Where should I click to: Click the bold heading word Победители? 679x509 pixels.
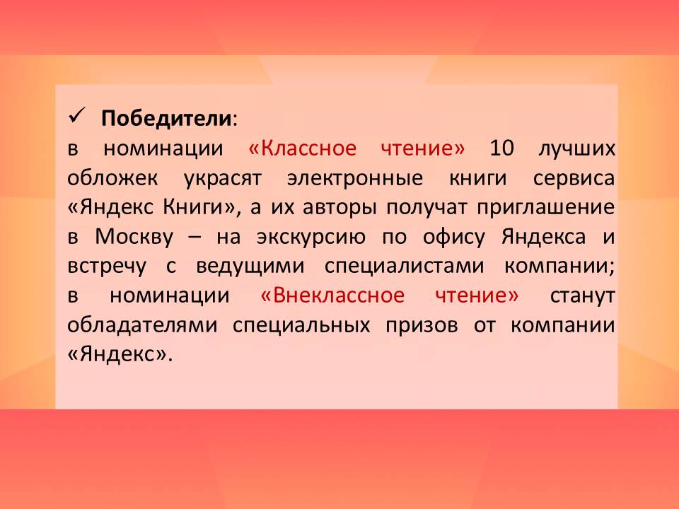click(x=166, y=118)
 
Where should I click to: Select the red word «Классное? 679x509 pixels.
click(x=302, y=148)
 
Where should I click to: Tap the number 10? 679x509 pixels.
click(x=501, y=148)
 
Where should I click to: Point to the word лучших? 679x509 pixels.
click(x=577, y=150)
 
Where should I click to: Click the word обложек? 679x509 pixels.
click(x=112, y=178)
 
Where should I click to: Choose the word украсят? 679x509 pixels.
click(x=223, y=180)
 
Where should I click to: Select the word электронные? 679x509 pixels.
click(x=355, y=179)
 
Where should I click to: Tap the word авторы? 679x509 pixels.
click(x=339, y=209)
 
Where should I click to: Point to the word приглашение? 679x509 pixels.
click(x=545, y=209)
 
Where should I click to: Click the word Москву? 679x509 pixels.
click(x=134, y=238)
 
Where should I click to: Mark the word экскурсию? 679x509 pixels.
click(x=311, y=238)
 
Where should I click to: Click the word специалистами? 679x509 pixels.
click(x=404, y=266)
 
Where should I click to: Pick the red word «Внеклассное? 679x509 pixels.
click(x=332, y=296)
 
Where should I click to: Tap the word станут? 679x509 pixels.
click(x=582, y=296)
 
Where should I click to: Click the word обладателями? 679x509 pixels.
click(x=142, y=325)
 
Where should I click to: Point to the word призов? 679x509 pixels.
click(x=422, y=326)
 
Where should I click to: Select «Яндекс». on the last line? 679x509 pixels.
click(x=120, y=354)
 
